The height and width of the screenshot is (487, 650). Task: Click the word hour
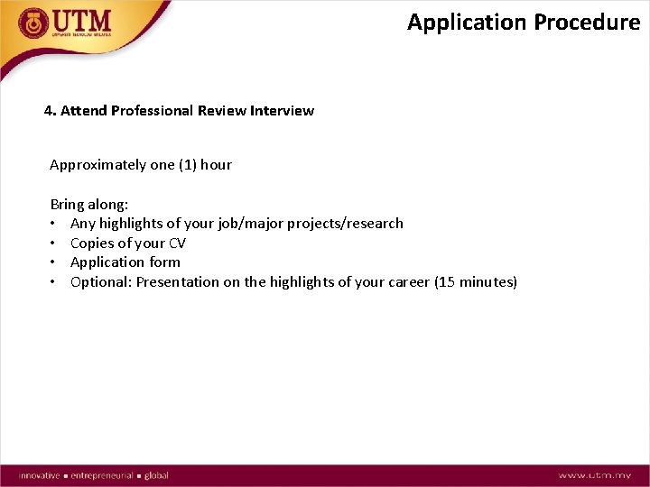click(217, 165)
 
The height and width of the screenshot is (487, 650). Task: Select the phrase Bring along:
click(89, 205)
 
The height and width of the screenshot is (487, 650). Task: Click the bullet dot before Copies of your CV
click(55, 243)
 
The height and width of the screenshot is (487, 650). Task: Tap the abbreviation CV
click(177, 243)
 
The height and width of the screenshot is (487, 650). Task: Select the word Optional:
click(100, 282)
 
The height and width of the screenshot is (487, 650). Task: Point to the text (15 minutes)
click(476, 282)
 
